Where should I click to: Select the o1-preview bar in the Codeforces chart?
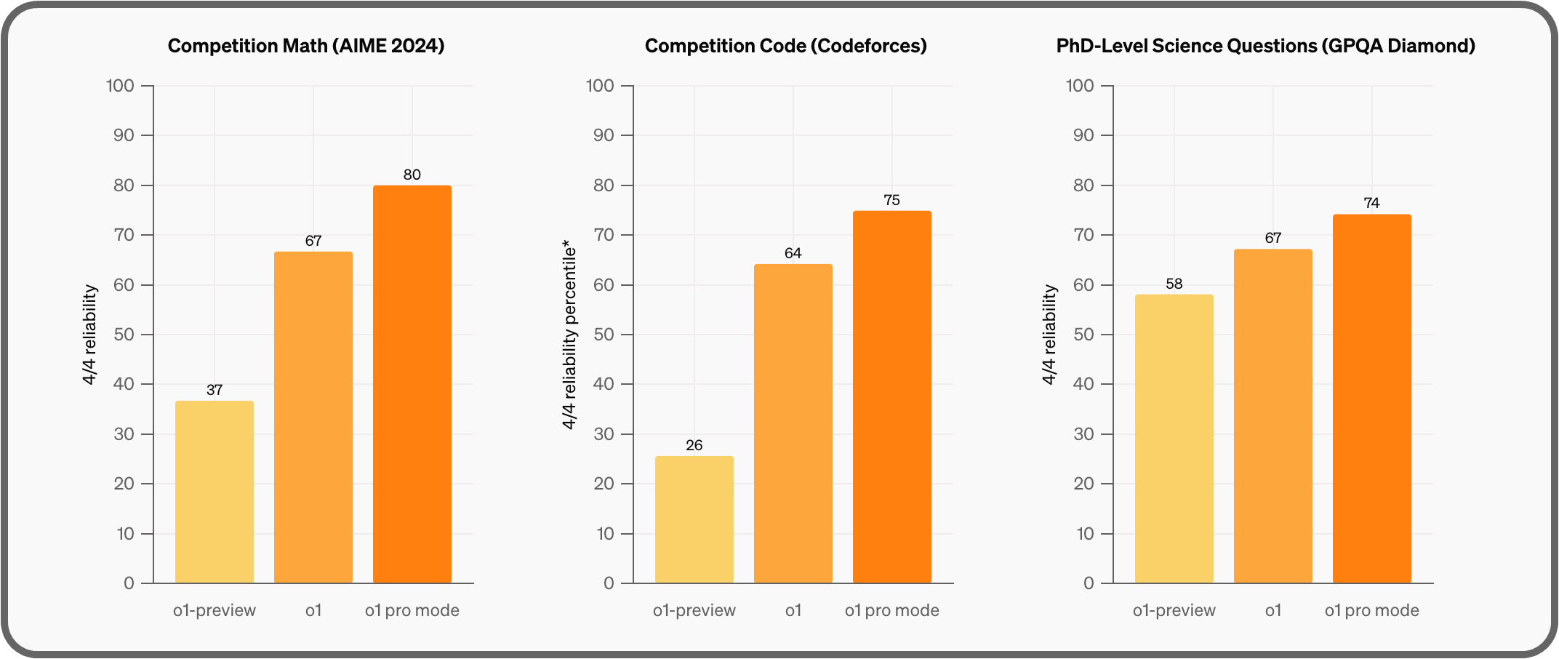694,519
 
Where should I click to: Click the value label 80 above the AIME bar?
412,175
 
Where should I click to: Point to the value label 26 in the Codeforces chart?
694,445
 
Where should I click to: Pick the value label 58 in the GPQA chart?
1174,284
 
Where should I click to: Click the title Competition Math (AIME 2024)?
306,46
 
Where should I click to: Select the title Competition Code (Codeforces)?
785,46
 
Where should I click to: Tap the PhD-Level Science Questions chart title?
1265,46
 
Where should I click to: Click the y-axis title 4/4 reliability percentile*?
569,335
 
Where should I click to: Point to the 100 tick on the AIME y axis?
120,86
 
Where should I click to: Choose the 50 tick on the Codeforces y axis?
604,335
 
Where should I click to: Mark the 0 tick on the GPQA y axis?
1088,583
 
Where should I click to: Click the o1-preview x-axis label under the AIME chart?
215,610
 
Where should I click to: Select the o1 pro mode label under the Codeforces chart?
891,610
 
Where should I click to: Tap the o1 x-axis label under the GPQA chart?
1273,610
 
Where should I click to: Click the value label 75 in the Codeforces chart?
891,200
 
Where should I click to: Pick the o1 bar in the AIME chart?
313,418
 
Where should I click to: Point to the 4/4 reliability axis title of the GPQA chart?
1049,335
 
